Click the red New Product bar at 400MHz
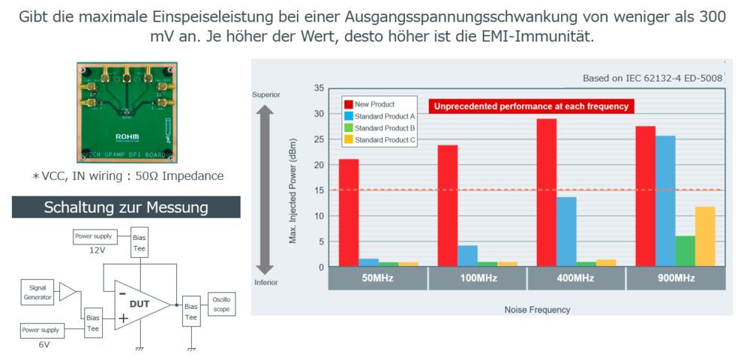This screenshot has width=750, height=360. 546,193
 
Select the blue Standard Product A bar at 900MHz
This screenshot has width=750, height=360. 664,201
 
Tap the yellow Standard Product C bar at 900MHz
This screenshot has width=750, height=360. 705,236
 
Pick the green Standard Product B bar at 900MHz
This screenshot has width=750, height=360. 685,251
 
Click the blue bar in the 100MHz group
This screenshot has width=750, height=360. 467,256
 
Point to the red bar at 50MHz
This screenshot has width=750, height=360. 348,213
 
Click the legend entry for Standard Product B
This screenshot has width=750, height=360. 379,128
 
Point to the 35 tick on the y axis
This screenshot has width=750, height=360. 319,88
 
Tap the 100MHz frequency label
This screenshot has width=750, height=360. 477,278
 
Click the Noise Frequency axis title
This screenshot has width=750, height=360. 537,310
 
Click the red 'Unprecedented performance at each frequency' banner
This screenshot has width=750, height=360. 531,106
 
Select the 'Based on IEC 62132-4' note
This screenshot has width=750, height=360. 652,78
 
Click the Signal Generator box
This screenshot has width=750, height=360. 38,292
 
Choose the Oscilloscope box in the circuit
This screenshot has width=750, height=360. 221,304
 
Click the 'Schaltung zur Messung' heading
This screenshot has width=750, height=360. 126,207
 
